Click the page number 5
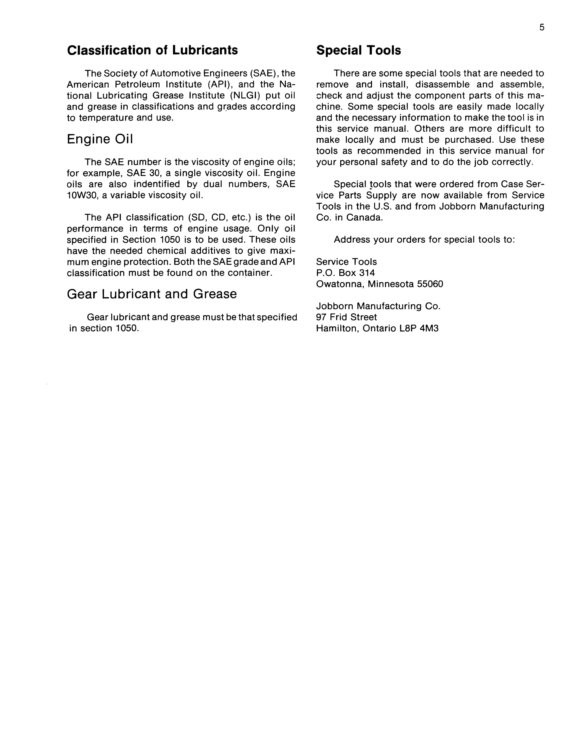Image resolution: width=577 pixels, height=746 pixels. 542,28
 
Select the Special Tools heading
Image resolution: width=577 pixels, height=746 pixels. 359,50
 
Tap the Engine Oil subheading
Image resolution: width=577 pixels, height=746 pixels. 100,139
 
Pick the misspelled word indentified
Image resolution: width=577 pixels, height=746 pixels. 156,184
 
